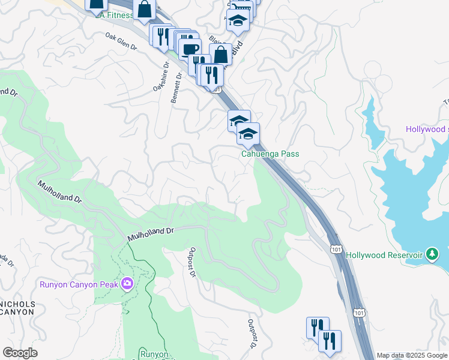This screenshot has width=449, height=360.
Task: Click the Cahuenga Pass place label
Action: pyautogui.click(x=270, y=154)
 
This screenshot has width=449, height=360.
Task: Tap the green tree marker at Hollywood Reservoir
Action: pyautogui.click(x=431, y=254)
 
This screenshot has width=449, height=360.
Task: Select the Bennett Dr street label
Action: pyautogui.click(x=176, y=88)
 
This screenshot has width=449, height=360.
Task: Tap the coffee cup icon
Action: pyautogui.click(x=190, y=49)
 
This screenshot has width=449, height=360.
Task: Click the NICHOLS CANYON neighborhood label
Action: pyautogui.click(x=18, y=309)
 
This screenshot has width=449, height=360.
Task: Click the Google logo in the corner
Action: pyautogui.click(x=20, y=353)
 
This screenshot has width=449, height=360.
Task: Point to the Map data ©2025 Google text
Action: pyautogui.click(x=412, y=355)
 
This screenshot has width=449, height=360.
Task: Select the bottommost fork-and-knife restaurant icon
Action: pyautogui.click(x=330, y=341)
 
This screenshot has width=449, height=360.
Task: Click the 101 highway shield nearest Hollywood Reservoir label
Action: pyautogui.click(x=336, y=248)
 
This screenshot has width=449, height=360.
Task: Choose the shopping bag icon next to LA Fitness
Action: pyautogui.click(x=144, y=9)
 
